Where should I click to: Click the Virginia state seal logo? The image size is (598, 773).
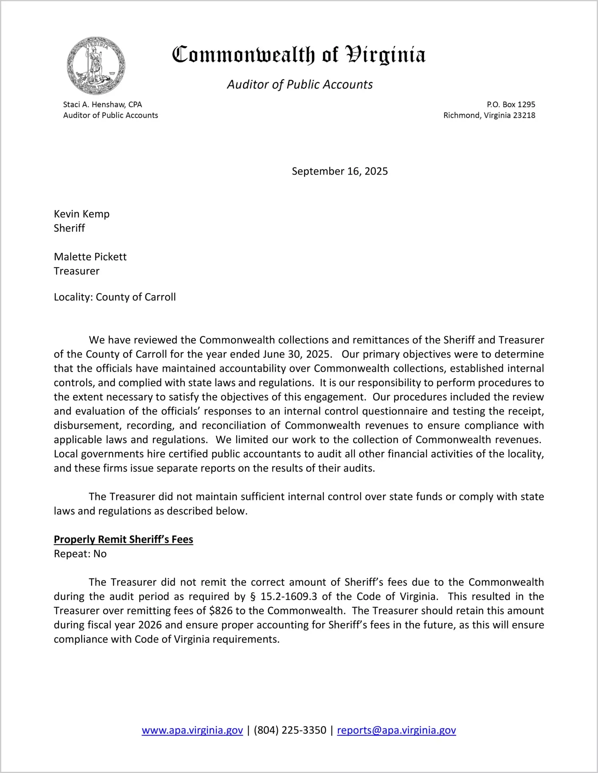(96, 66)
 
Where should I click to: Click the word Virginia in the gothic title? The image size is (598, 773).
(385, 55)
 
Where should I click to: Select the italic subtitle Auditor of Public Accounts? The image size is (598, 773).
(300, 84)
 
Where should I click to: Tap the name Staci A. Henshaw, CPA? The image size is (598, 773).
(102, 104)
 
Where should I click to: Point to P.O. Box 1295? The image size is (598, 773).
(511, 104)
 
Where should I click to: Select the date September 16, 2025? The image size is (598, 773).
(339, 171)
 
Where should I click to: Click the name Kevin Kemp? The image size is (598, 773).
(82, 214)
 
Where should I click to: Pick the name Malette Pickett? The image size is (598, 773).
(90, 257)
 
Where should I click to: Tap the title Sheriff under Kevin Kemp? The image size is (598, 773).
(69, 228)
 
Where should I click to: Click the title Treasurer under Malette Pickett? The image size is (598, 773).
(76, 271)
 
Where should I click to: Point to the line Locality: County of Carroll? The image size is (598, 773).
(115, 297)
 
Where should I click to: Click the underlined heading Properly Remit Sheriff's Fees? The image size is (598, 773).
(123, 539)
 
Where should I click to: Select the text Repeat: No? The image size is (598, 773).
(80, 554)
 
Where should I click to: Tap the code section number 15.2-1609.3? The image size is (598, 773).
(289, 596)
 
